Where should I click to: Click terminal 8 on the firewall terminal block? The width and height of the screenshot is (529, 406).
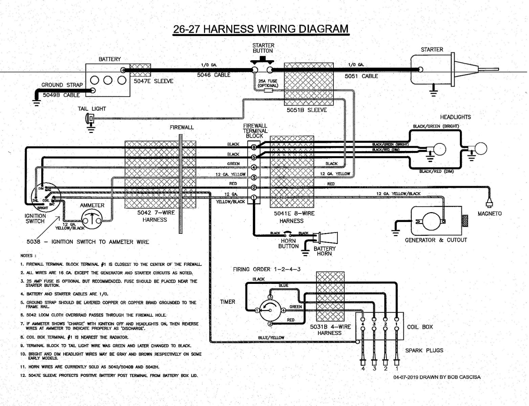254,147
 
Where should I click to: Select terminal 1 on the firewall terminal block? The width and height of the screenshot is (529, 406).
254,197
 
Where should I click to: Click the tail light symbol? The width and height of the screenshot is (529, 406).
90,118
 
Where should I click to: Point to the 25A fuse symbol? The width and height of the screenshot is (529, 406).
268,91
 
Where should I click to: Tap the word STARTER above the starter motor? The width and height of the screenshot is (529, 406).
432,50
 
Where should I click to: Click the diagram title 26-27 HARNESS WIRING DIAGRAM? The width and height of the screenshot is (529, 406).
260,29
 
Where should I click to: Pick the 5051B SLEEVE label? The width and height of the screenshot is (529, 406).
306,110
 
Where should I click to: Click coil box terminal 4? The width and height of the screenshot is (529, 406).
363,319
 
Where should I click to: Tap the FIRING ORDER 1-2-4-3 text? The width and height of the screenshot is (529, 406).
267,269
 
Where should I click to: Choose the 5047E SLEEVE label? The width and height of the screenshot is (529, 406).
153,81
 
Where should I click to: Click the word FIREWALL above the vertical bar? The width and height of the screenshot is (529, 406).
181,128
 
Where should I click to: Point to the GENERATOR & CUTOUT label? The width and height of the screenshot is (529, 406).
436,240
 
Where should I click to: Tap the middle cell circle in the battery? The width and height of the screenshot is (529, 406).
108,81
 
